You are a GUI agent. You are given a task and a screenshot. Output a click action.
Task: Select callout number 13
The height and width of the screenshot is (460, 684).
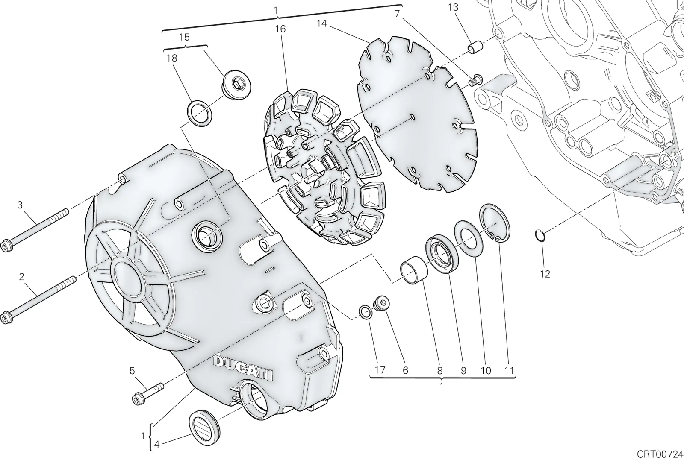tap(453, 7)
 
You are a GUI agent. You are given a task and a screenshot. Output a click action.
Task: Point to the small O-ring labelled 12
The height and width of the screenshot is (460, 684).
tap(540, 236)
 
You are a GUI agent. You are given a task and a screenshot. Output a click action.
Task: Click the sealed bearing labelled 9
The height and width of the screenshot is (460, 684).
tap(442, 254)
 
